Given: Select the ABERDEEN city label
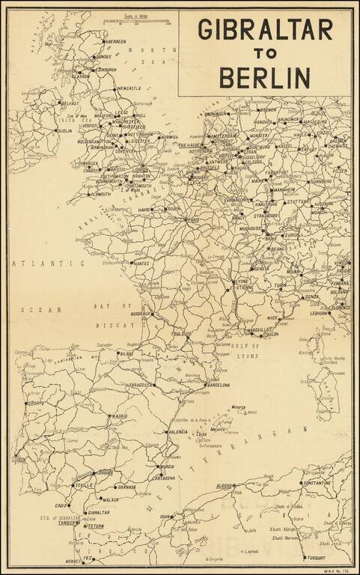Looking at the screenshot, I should point(114,42).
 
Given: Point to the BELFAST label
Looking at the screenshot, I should point(70,103).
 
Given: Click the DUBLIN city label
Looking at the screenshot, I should point(64,130).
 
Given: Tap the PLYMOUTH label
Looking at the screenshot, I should point(100,194).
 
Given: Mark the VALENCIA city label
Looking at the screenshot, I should point(177,432).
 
